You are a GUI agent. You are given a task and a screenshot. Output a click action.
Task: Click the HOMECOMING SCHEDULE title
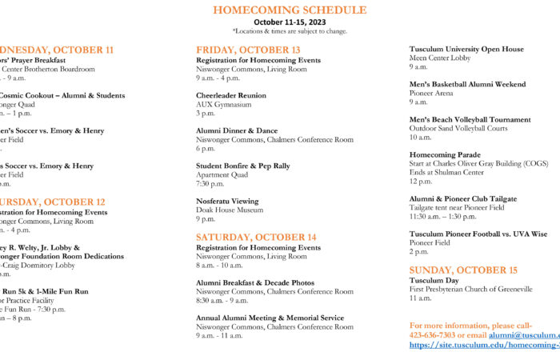(x=290, y=10)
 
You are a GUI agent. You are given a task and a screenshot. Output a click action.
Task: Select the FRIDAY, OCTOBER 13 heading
(x=248, y=50)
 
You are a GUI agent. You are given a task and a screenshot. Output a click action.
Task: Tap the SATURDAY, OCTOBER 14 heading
(x=256, y=237)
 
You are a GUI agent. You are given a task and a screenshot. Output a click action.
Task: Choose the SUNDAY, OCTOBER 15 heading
(x=463, y=270)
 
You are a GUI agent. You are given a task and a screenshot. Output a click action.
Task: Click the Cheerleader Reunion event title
(x=231, y=95)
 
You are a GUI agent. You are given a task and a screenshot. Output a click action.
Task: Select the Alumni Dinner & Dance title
(x=237, y=130)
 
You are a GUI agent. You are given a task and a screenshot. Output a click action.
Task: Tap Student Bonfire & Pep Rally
(x=243, y=166)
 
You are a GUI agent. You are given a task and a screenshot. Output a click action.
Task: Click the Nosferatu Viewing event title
(x=227, y=201)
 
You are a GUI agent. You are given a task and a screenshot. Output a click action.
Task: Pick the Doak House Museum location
(x=230, y=210)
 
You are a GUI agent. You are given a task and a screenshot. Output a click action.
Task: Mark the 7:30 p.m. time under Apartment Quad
(x=210, y=183)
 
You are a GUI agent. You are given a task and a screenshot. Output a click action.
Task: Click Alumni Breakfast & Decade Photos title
(x=255, y=282)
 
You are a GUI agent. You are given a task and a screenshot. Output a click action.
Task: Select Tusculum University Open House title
(x=466, y=49)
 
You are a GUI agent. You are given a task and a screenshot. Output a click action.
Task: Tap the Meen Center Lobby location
(x=440, y=58)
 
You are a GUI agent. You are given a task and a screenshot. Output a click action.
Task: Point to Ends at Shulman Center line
(x=446, y=172)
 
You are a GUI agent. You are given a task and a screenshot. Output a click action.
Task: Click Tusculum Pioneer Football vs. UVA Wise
(x=478, y=234)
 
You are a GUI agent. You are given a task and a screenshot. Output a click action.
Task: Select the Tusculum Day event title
(x=434, y=281)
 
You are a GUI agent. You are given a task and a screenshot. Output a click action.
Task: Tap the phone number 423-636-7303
(x=432, y=335)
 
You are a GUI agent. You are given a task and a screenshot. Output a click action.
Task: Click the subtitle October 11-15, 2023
(x=290, y=22)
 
